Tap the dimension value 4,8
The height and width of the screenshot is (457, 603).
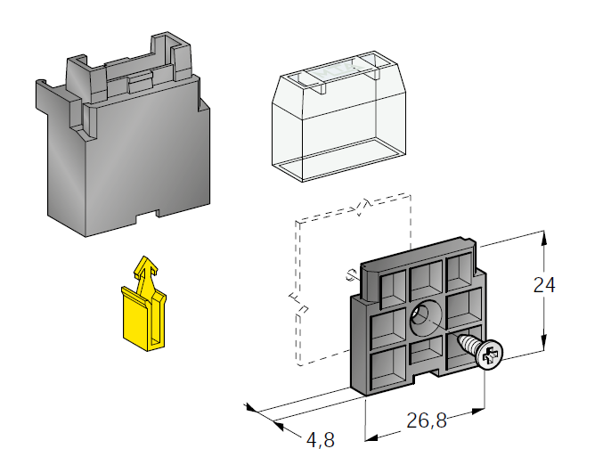click(321, 439)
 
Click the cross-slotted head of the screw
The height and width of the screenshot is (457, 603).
click(489, 355)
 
